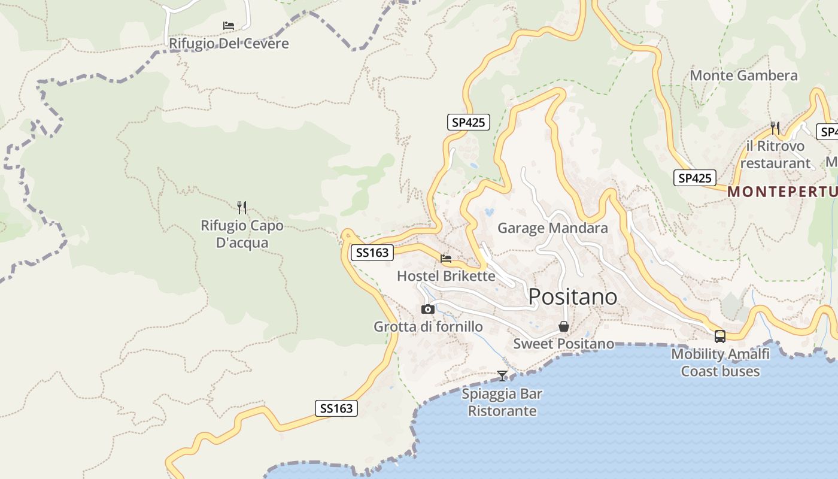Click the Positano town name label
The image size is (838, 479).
click(x=573, y=296)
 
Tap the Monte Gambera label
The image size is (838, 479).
click(x=743, y=75)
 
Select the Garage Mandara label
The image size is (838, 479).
click(x=552, y=228)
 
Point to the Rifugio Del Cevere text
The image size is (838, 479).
click(x=229, y=44)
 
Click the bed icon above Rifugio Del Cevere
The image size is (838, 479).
click(x=228, y=26)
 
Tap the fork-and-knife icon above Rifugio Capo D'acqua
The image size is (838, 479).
click(x=242, y=208)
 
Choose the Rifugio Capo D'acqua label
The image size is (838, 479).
click(x=242, y=234)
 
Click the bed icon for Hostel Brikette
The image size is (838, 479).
click(x=446, y=259)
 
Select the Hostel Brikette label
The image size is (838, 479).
click(x=446, y=276)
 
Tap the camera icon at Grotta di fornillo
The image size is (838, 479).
click(x=427, y=309)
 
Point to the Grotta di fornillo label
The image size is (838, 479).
click(x=428, y=326)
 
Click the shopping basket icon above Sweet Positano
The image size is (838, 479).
click(x=563, y=326)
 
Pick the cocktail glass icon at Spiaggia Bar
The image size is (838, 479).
click(x=502, y=376)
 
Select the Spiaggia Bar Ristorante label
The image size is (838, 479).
click(x=502, y=402)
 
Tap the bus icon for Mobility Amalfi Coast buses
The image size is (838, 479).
click(x=720, y=336)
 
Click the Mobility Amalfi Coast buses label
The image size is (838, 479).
click(x=720, y=362)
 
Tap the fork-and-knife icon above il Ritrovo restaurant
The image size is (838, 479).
click(x=775, y=128)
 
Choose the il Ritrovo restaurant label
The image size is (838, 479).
click(x=775, y=154)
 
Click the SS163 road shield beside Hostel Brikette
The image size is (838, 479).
click(x=372, y=253)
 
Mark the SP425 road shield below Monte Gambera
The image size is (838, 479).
click(x=695, y=178)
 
